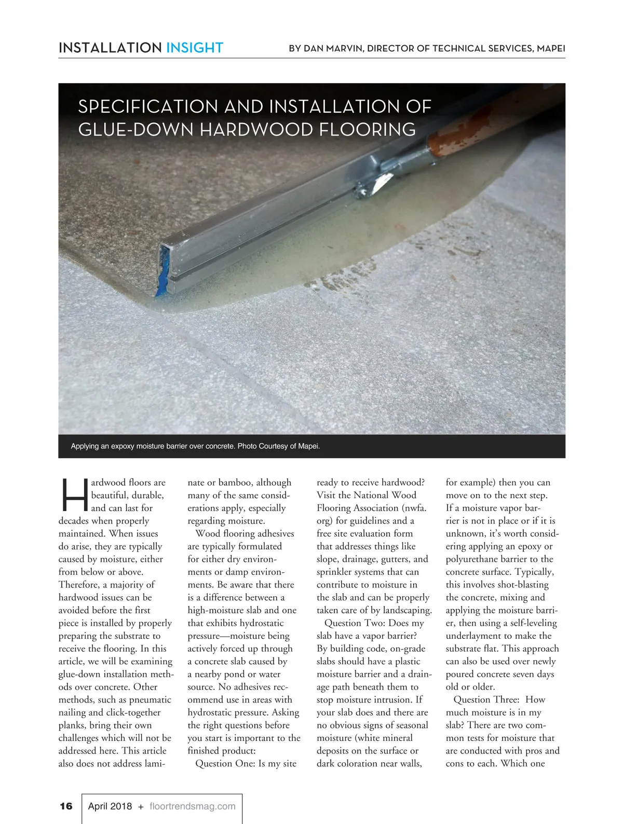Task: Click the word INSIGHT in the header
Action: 194,48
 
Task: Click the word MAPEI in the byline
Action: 551,48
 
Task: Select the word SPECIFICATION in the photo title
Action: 147,107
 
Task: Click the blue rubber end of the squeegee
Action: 162,273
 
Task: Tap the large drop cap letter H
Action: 74,495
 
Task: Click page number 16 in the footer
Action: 66,806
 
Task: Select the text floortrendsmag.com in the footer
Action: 192,806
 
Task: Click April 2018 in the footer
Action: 110,806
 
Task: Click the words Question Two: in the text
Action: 355,623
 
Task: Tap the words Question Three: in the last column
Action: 486,699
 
